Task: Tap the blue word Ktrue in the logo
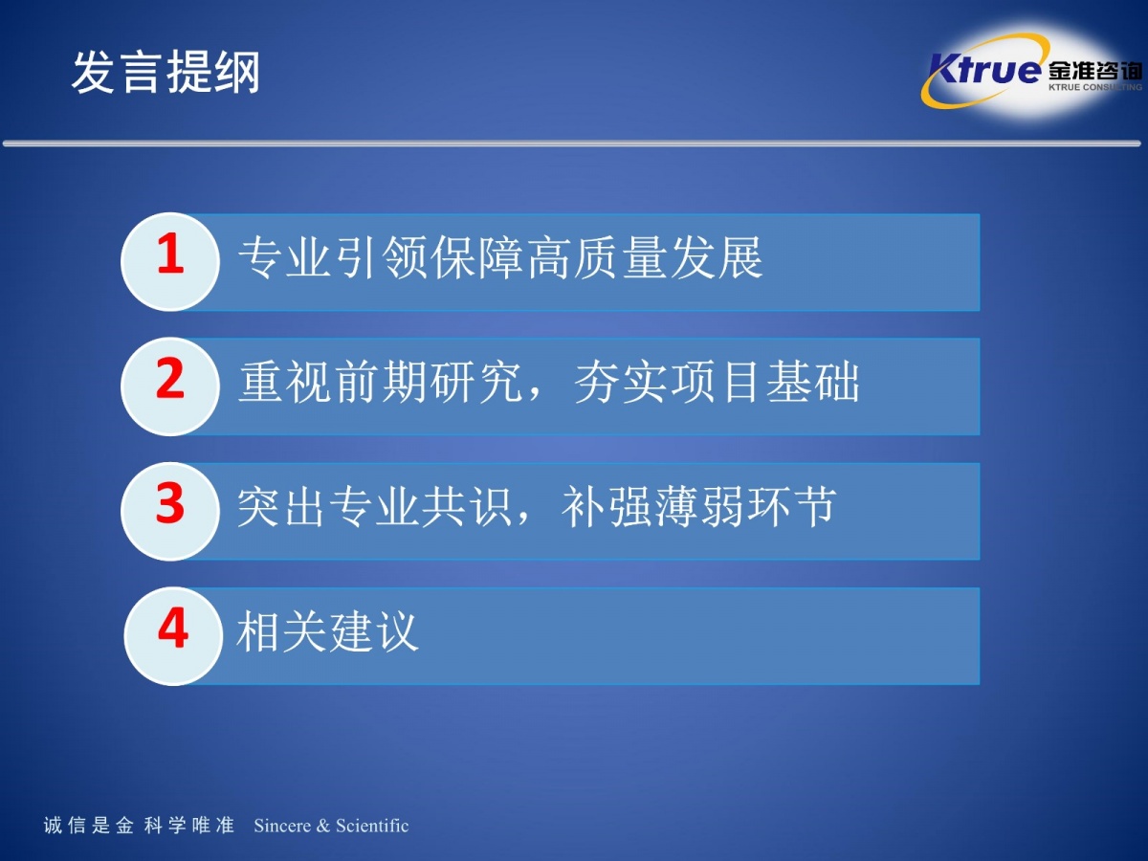click(x=984, y=69)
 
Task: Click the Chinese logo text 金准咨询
click(x=1095, y=71)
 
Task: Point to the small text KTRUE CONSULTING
click(x=1095, y=87)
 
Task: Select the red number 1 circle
click(x=170, y=261)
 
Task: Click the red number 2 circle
click(x=170, y=386)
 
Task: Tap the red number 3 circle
click(x=170, y=511)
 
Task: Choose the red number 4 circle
click(x=173, y=635)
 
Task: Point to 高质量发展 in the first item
click(x=645, y=257)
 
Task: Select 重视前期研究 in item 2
click(x=381, y=382)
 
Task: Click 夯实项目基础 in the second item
click(x=717, y=382)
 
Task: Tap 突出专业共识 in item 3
click(x=374, y=506)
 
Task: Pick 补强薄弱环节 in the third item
click(x=698, y=506)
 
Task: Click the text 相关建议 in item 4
click(x=327, y=631)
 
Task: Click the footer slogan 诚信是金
click(x=88, y=826)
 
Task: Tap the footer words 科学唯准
click(x=189, y=826)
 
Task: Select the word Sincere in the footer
click(x=282, y=826)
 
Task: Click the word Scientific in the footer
click(x=372, y=826)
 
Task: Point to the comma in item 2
click(x=535, y=393)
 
